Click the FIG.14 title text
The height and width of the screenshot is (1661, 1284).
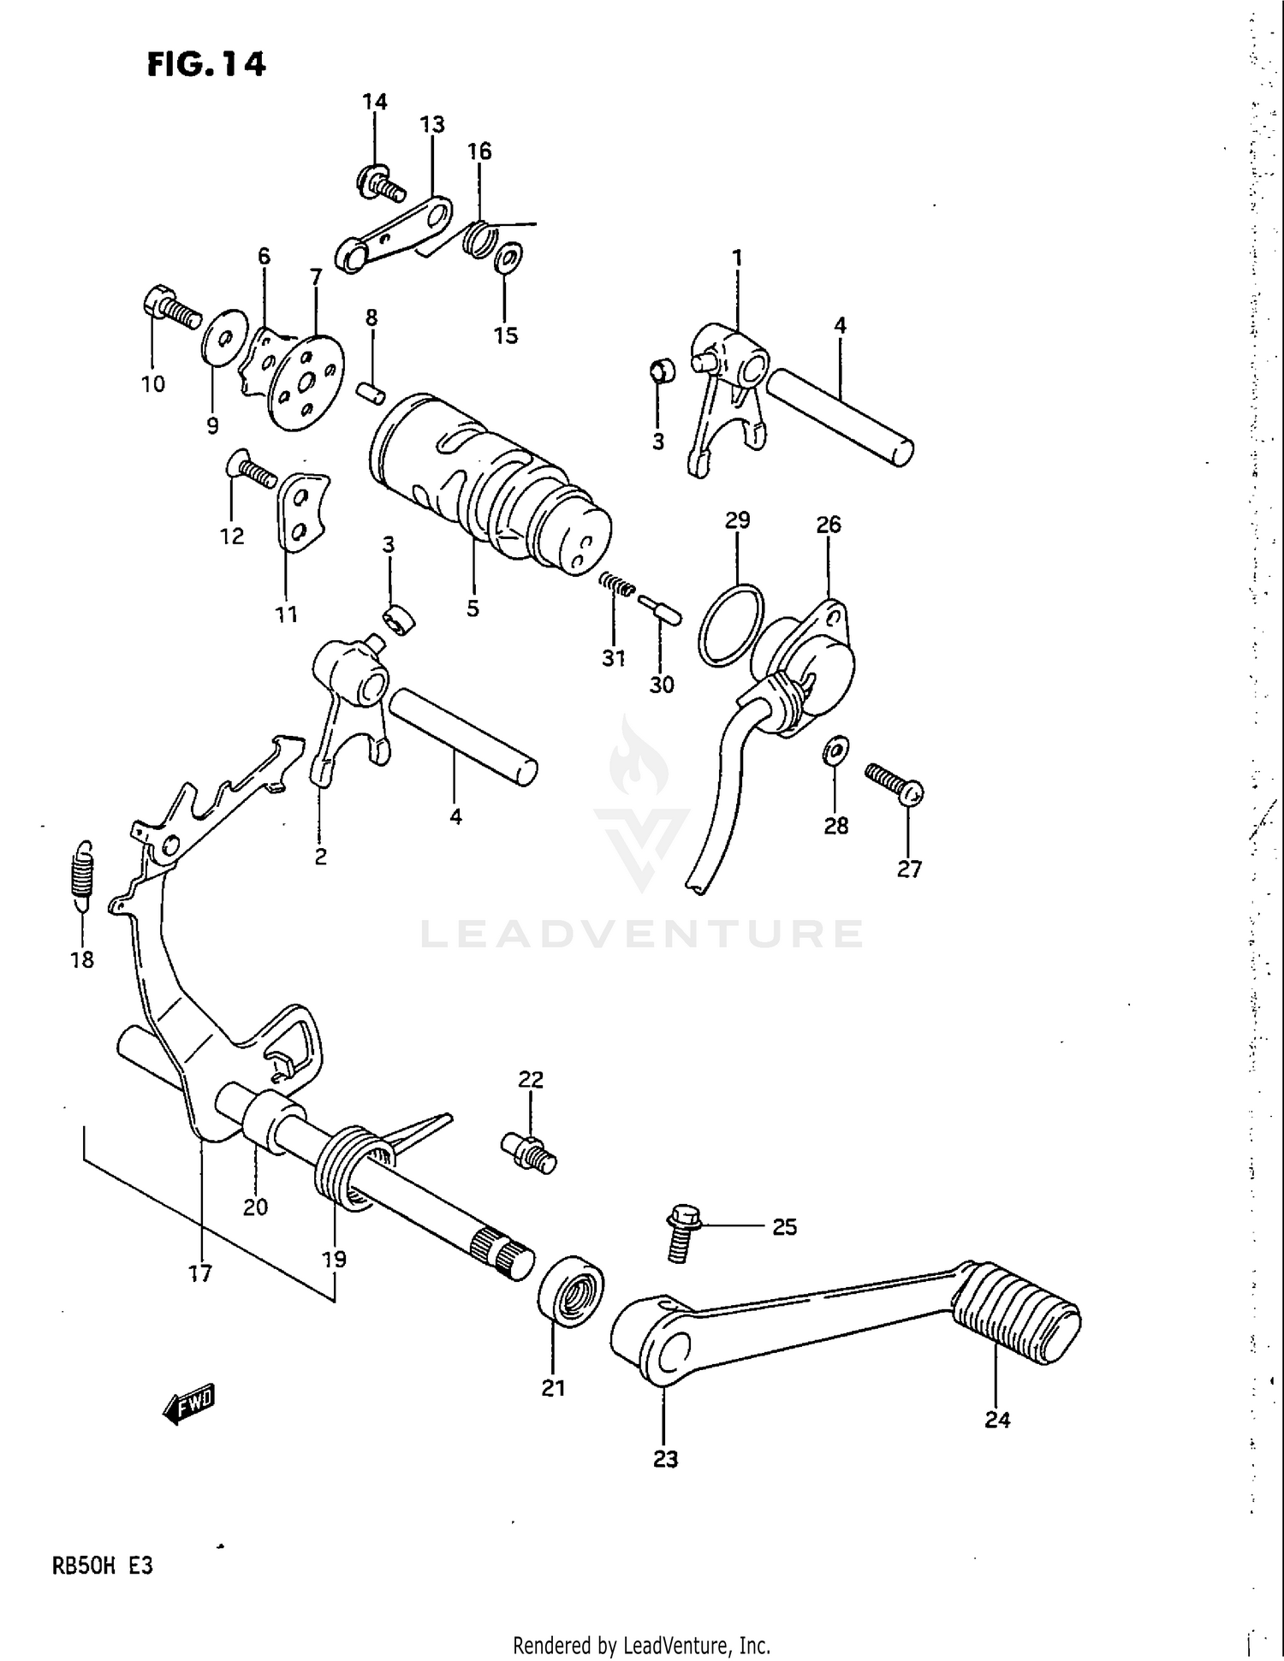[206, 64]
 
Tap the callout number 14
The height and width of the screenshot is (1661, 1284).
[375, 102]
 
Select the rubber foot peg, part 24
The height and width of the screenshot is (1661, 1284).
[1019, 1314]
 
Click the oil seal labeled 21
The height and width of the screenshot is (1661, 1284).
[571, 1291]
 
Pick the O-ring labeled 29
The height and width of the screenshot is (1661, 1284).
[731, 624]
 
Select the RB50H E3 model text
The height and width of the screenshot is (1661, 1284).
[103, 1566]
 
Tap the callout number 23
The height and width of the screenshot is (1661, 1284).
[665, 1459]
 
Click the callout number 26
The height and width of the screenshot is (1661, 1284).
[828, 524]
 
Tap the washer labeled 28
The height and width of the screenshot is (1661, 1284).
[835, 751]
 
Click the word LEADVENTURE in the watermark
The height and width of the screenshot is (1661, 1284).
[642, 934]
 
